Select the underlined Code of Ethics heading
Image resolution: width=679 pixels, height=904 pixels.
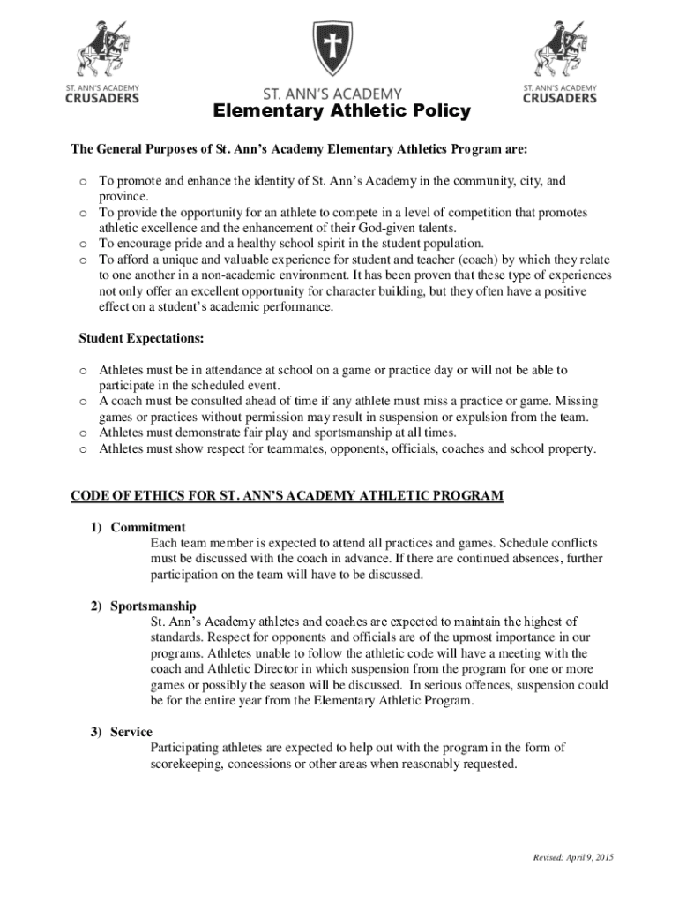(287, 495)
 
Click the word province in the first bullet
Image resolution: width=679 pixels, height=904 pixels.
(123, 197)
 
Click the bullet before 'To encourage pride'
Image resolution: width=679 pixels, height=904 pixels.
(82, 244)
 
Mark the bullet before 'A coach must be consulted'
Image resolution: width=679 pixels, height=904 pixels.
(82, 402)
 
